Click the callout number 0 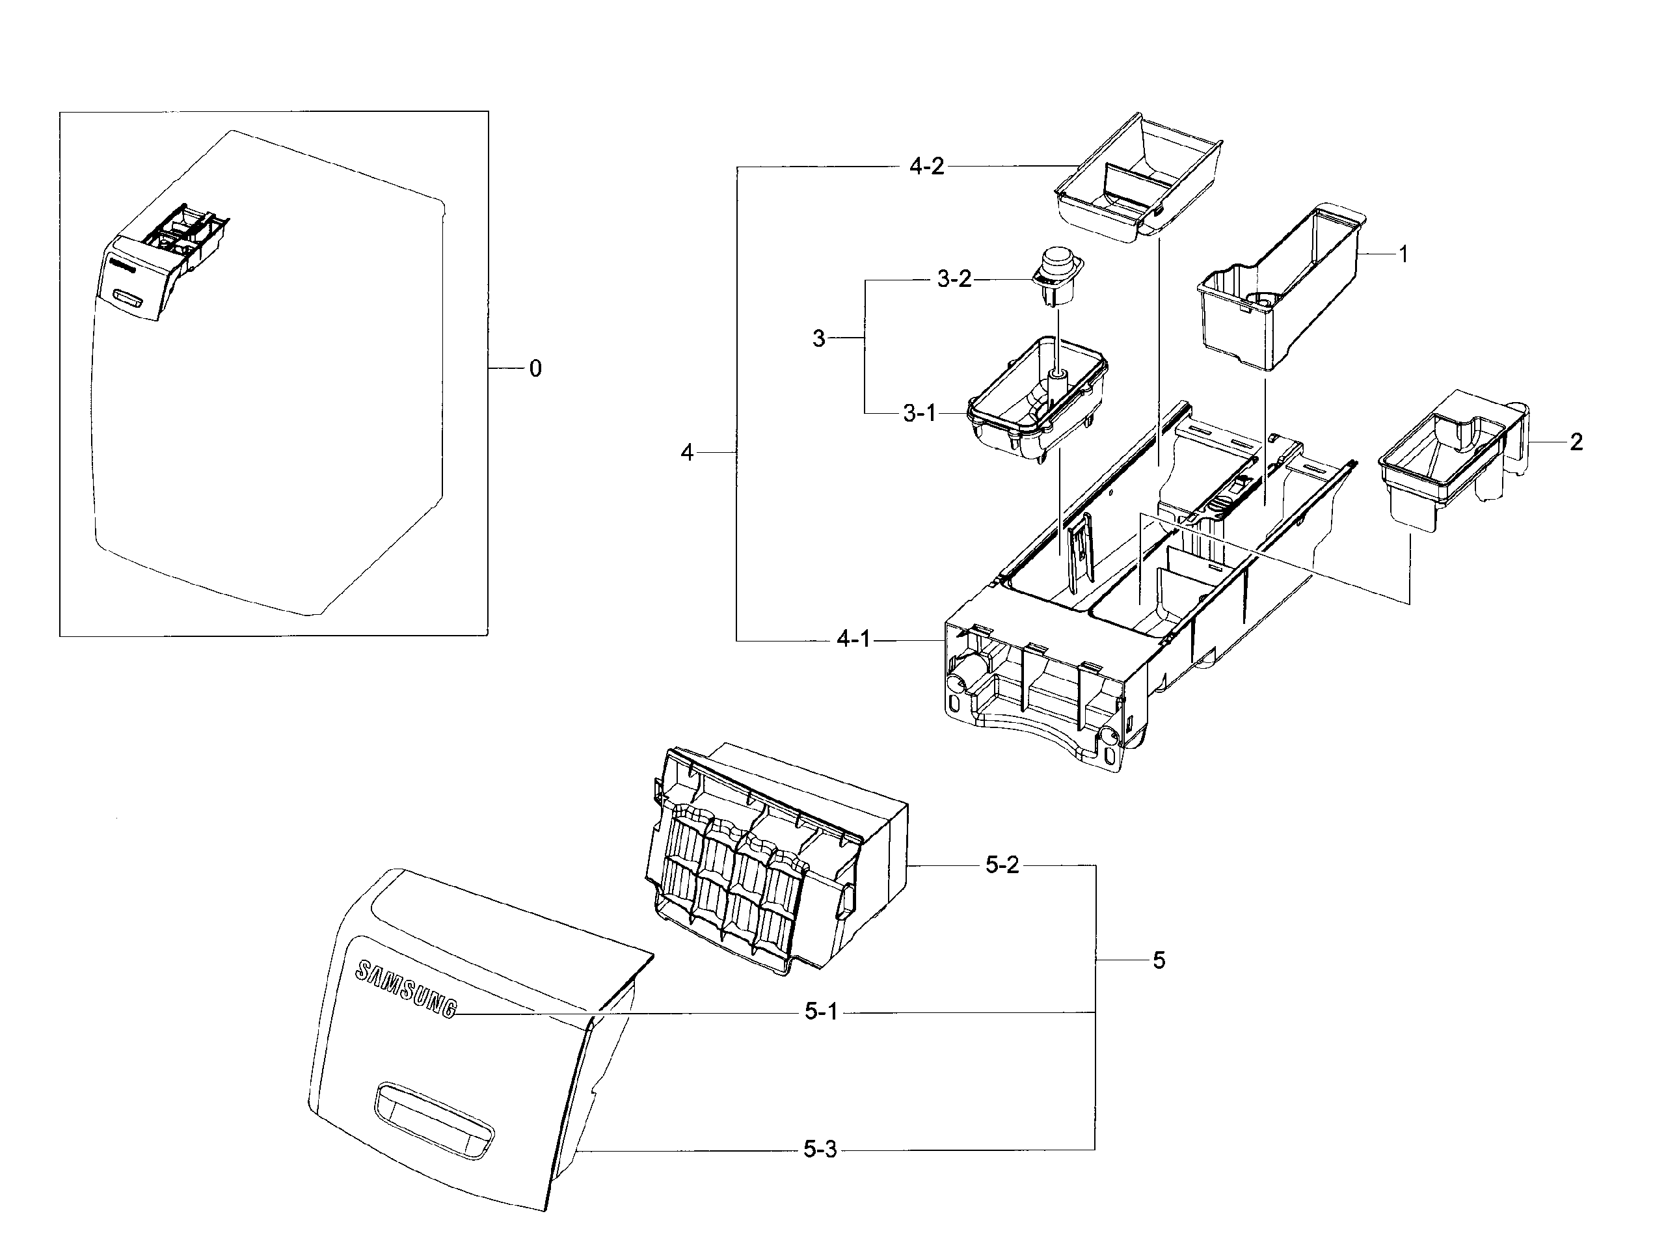click(x=535, y=369)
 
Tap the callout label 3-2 click(x=954, y=279)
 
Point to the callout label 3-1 click(x=919, y=414)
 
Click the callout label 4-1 click(x=853, y=640)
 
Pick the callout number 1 click(x=1403, y=254)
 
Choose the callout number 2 click(x=1576, y=442)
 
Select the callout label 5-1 click(x=821, y=1012)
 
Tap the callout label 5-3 click(x=820, y=1149)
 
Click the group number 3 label click(x=819, y=339)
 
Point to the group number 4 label click(x=686, y=452)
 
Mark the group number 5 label click(x=1159, y=960)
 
